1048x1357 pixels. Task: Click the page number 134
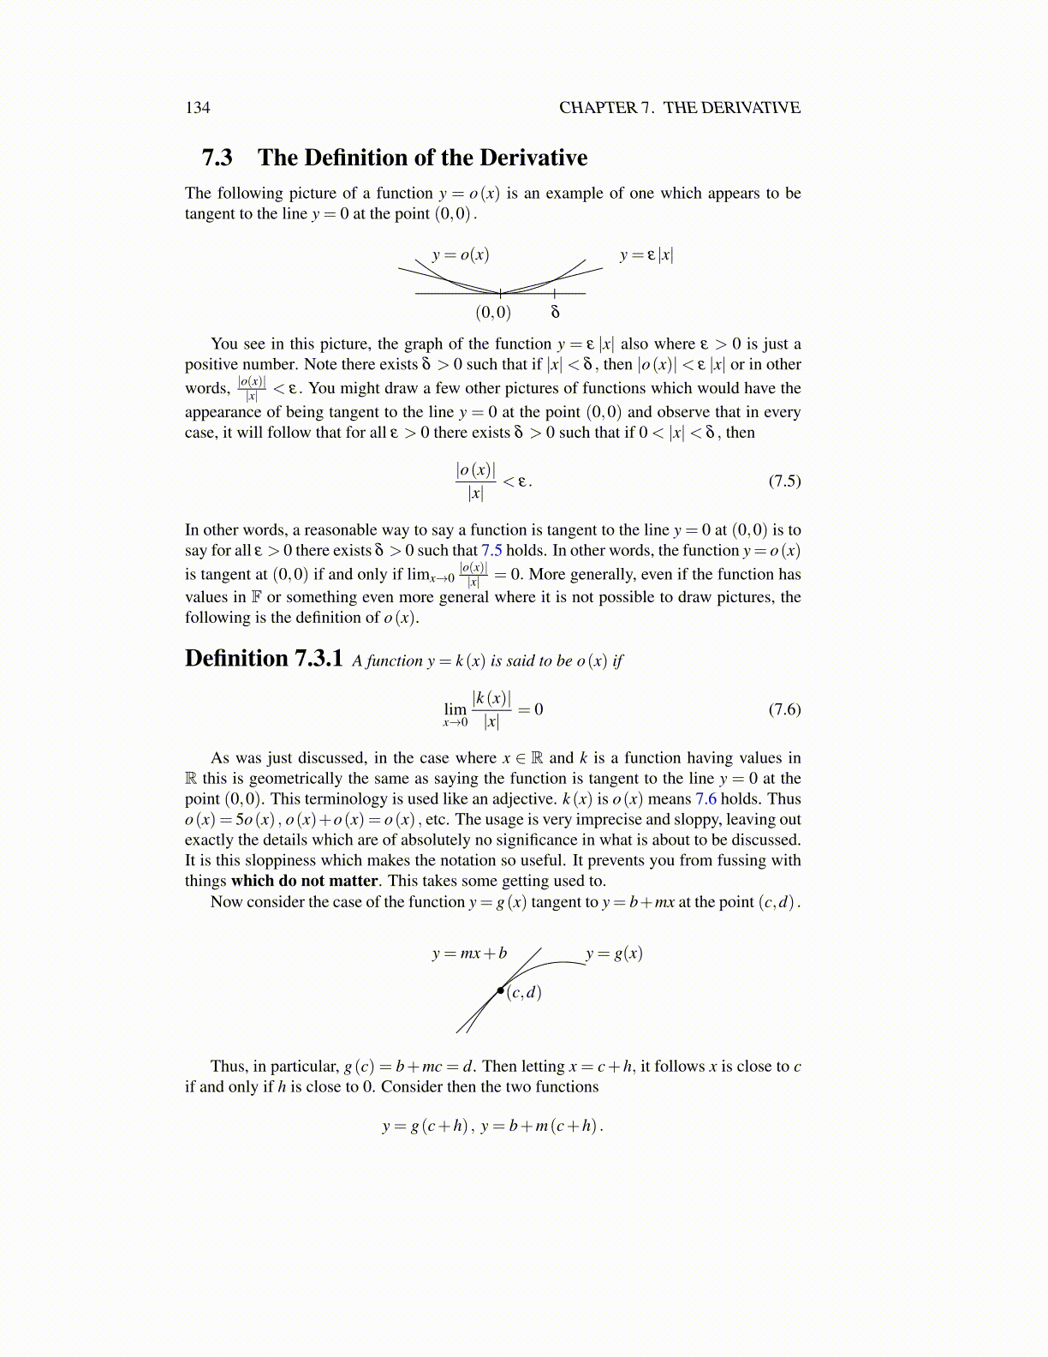pos(197,107)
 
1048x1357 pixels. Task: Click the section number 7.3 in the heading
pos(217,158)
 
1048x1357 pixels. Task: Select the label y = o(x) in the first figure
pos(461,254)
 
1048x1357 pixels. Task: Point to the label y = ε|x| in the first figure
pos(646,254)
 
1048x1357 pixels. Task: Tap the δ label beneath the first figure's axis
pos(555,312)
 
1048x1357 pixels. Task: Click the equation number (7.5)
pos(784,481)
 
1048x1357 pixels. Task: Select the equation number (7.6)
pos(784,709)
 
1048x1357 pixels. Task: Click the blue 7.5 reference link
pos(491,550)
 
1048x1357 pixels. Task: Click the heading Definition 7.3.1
pos(264,658)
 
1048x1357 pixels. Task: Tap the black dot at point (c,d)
pos(501,991)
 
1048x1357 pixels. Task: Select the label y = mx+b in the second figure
pos(469,953)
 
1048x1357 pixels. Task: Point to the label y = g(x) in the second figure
pos(614,953)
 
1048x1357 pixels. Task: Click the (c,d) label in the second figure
pos(524,993)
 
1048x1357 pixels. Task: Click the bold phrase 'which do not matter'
pos(304,881)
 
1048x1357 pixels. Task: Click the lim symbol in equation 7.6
pos(456,708)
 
